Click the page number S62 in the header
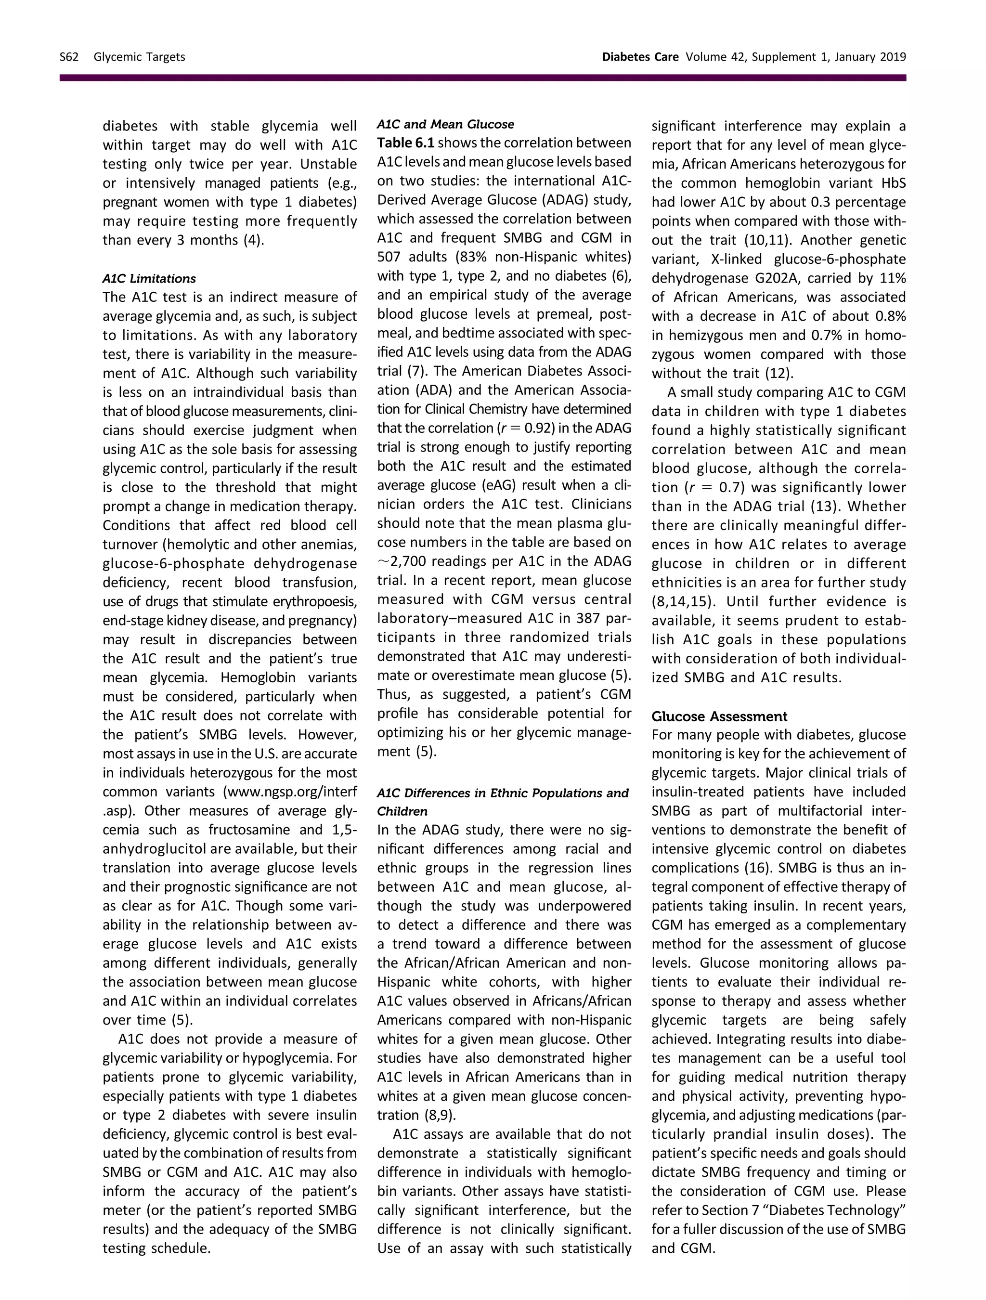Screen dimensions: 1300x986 pos(69,57)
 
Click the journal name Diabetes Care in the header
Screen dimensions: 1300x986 pos(640,57)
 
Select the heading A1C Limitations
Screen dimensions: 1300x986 pos(149,279)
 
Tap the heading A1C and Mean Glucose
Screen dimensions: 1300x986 pos(445,124)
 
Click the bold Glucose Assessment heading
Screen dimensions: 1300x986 pos(719,716)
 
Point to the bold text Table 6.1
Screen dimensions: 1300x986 pos(405,143)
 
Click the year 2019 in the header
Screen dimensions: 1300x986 pos(893,57)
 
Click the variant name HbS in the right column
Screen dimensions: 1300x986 pos(894,183)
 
